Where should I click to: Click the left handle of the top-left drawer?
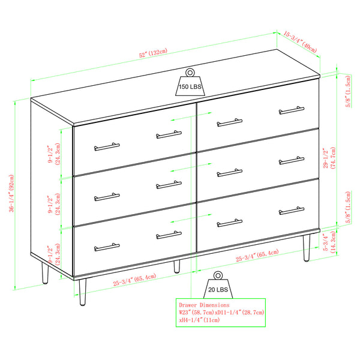point(107,146)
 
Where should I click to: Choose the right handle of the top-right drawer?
point(292,110)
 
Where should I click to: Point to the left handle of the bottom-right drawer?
point(229,223)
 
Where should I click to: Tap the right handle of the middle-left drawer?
point(169,185)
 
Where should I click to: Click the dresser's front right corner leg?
point(307,247)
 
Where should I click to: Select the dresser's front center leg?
point(176,266)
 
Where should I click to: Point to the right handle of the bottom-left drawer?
point(169,235)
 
